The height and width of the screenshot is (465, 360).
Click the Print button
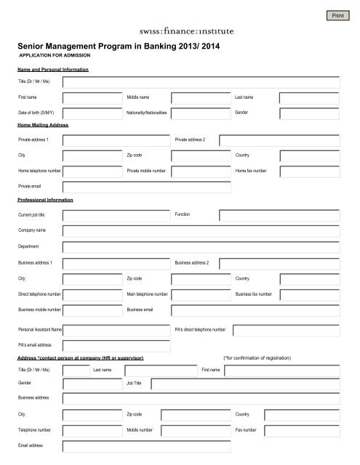point(337,15)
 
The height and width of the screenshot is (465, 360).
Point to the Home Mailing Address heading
point(43,125)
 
